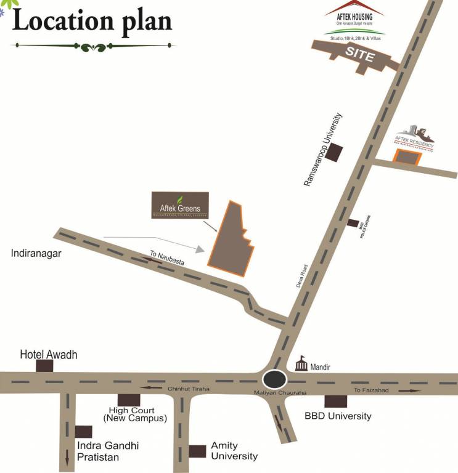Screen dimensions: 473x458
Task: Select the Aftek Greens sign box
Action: [x=180, y=206]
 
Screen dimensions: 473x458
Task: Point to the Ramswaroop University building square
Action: [x=335, y=153]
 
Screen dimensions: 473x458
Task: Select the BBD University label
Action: [x=338, y=416]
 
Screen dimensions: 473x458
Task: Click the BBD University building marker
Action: [x=336, y=401]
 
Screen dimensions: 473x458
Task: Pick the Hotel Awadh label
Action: [x=49, y=355]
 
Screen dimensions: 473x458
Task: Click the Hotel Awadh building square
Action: [x=44, y=366]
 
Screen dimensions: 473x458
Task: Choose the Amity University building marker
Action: [x=197, y=451]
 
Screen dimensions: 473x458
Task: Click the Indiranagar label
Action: [x=38, y=253]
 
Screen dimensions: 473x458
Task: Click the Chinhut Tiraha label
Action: [x=189, y=389]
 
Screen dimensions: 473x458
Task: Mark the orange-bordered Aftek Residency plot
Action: [x=407, y=158]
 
